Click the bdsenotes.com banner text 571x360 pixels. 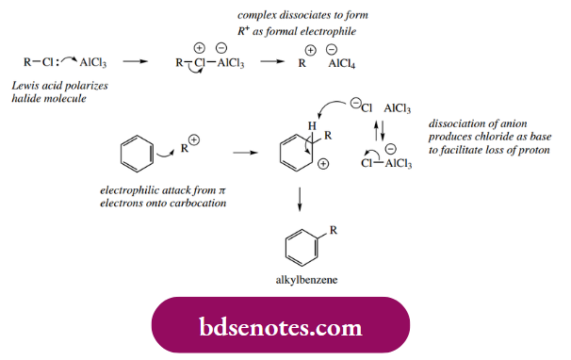(x=281, y=327)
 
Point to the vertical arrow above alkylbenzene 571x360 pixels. (x=300, y=199)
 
